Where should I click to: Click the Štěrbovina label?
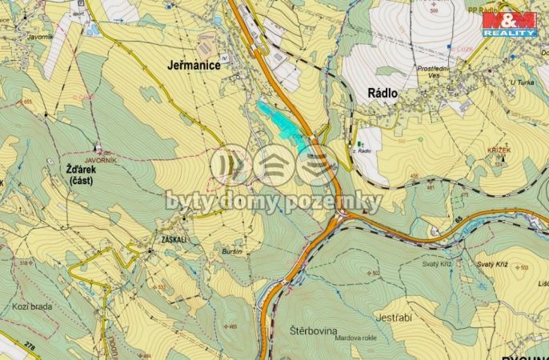pyautogui.click(x=313, y=330)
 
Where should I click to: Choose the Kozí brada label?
pyautogui.click(x=31, y=306)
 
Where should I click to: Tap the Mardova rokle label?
pyautogui.click(x=355, y=337)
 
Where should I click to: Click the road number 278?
pyautogui.click(x=30, y=345)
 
